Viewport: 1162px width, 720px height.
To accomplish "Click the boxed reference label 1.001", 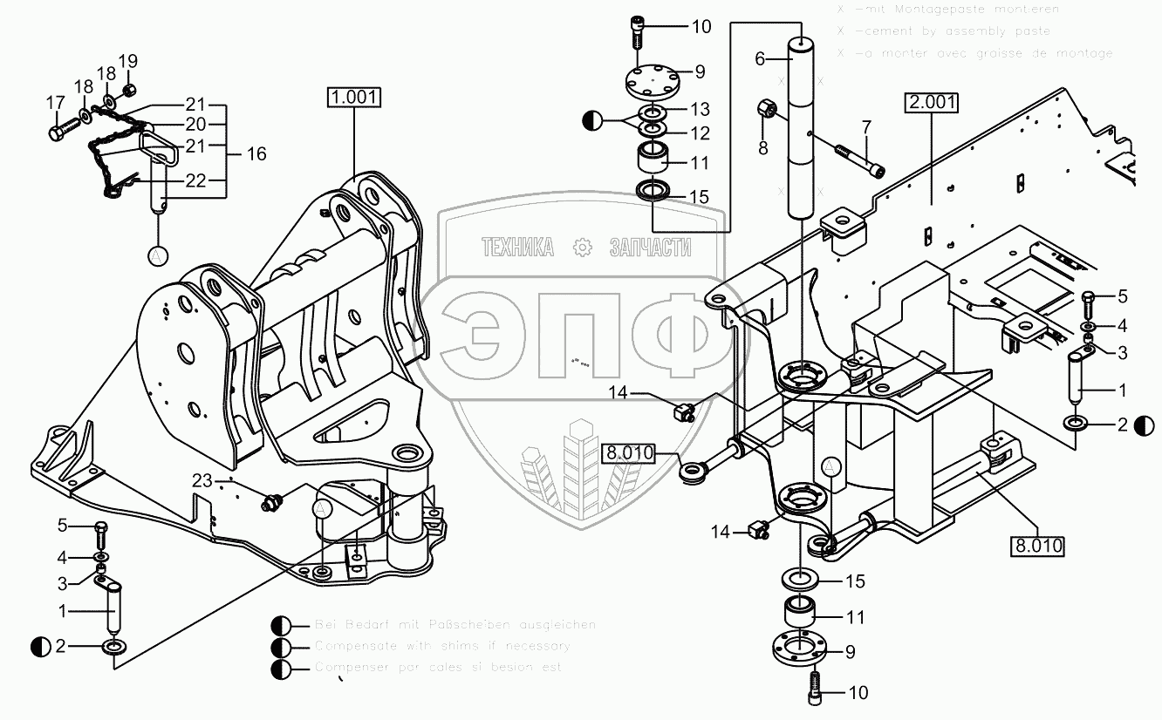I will tap(355, 96).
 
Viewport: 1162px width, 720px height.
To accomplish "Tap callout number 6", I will tap(759, 58).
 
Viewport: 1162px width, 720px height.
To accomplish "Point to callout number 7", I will tap(866, 127).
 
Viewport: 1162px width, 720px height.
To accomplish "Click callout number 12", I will tap(701, 133).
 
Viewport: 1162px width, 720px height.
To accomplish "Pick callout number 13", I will tap(701, 110).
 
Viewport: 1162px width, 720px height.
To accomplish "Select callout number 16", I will tap(256, 154).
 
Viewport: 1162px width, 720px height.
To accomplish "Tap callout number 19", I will tap(128, 61).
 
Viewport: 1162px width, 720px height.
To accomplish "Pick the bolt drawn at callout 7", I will tap(859, 160).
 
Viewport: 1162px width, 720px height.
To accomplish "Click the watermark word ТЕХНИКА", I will tap(518, 248).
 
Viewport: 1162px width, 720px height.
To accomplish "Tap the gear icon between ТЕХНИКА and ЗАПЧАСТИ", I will tap(582, 248).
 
